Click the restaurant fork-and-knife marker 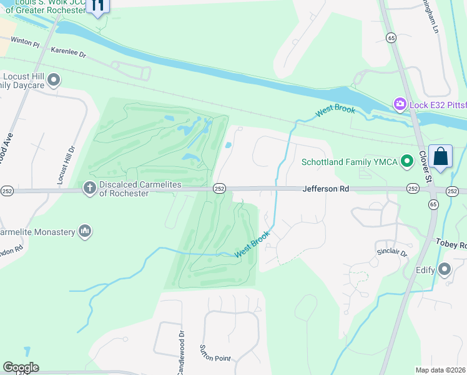coord(97,6)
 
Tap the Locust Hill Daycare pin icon coord(54,80)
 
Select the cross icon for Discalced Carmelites coord(90,187)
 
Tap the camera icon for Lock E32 coord(400,104)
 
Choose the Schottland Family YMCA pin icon coord(408,162)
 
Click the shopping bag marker coord(440,156)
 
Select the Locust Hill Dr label coord(61,166)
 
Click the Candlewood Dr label coord(182,343)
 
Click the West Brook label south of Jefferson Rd coord(252,244)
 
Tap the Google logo coord(21,367)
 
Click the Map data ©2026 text coord(441,370)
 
